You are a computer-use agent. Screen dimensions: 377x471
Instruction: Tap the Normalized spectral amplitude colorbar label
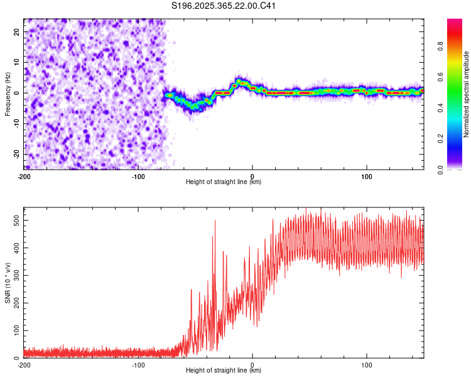point(466,94)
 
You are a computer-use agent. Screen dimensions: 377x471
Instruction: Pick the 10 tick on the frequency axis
point(18,62)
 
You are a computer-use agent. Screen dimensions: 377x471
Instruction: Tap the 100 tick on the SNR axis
point(14,331)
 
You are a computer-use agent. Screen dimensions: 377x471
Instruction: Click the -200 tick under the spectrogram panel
point(24,176)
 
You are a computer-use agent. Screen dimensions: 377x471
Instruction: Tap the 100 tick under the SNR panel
point(366,364)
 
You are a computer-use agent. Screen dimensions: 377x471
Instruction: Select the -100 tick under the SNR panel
point(138,364)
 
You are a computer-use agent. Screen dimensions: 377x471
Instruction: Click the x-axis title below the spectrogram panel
point(224,182)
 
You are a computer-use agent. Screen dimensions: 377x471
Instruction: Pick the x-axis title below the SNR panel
point(224,371)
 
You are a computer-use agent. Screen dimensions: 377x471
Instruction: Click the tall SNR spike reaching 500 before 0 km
point(215,222)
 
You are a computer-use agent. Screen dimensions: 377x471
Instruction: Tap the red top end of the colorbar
point(454,22)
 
